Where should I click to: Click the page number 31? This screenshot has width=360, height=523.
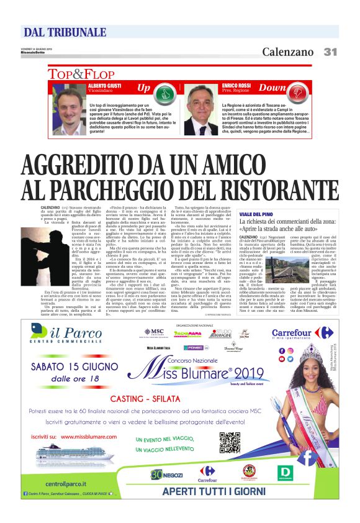point(330,52)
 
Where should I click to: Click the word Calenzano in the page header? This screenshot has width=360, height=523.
point(287,52)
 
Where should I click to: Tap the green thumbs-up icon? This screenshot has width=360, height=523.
point(163,94)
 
